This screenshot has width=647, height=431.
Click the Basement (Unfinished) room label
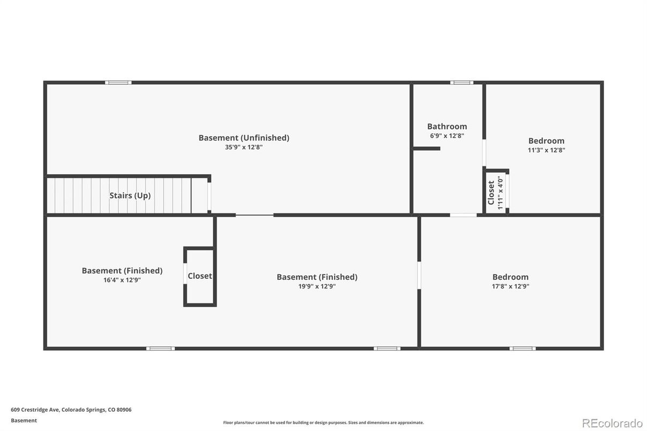(244, 138)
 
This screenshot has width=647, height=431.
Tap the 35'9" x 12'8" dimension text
(244, 147)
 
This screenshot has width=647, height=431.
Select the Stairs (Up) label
(130, 196)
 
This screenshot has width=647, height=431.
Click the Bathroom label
(447, 127)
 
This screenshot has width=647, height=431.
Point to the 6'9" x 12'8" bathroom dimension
(447, 136)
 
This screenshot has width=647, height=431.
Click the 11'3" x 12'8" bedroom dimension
(546, 150)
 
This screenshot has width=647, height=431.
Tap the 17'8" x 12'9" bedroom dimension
(510, 286)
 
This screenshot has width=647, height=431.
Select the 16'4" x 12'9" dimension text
(122, 280)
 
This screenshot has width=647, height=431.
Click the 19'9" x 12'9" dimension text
(317, 286)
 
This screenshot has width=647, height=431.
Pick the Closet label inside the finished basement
(199, 276)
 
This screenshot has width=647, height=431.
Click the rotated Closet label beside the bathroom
(491, 192)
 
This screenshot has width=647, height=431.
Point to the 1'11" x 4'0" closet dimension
(501, 192)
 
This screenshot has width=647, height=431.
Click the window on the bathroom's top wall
(462, 83)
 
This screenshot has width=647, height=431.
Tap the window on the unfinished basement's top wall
(118, 83)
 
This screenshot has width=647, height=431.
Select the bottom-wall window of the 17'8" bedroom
(522, 348)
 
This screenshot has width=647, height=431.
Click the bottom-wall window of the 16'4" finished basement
(160, 348)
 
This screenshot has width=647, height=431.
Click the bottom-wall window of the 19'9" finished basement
(386, 348)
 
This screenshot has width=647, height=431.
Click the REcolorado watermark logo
(612, 423)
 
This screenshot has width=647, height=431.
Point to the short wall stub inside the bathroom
(427, 148)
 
